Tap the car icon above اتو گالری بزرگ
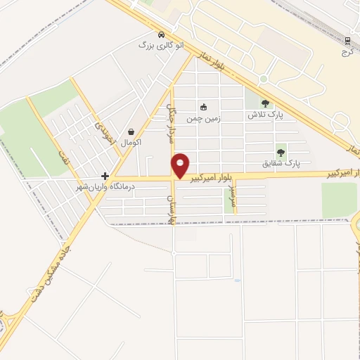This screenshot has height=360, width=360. coord(162,34)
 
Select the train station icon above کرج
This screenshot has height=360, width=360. coord(347,41)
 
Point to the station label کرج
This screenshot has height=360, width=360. coord(347,51)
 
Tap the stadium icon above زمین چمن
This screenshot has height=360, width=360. coord(204,107)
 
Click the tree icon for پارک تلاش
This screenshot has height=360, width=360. coord(264,104)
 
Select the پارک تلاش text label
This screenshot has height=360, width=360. coord(264,114)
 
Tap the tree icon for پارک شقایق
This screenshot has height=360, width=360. coord(281,152)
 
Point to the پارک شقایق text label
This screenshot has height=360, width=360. coord(281,162)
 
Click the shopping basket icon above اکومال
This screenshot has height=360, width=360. coord(131,131)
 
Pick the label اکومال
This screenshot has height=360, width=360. coord(131,142)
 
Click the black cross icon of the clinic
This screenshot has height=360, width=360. coord(105,176)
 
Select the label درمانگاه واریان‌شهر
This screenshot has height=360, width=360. coord(105,187)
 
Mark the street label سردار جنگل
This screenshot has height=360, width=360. coord(170,125)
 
